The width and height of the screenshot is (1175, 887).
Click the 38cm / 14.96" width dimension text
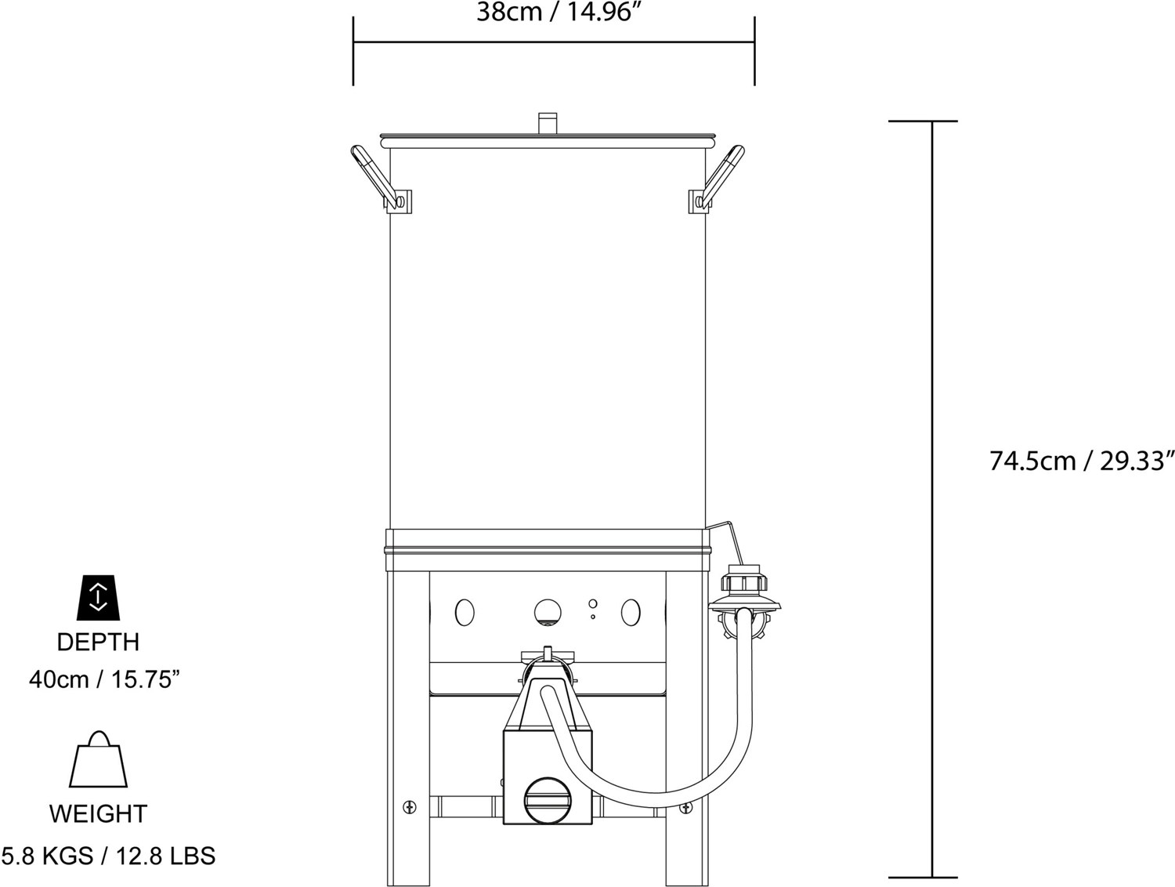tap(553, 13)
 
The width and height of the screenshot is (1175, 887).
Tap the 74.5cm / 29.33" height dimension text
tap(1082, 461)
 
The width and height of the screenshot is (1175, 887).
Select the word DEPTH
tap(98, 642)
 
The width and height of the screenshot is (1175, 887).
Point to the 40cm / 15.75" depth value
tap(105, 679)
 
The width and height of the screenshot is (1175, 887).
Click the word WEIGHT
tap(98, 814)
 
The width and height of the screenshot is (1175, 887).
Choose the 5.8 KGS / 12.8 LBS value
tap(108, 855)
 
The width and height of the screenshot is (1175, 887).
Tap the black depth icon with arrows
tap(98, 597)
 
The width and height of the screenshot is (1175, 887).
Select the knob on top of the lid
tap(548, 124)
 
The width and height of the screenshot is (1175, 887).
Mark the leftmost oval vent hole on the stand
tap(465, 613)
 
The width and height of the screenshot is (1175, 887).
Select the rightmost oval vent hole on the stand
tap(631, 613)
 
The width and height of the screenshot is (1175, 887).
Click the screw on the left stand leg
tap(409, 806)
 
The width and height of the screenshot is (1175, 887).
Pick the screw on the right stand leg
tap(686, 807)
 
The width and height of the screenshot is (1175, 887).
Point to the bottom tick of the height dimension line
tap(931, 877)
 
